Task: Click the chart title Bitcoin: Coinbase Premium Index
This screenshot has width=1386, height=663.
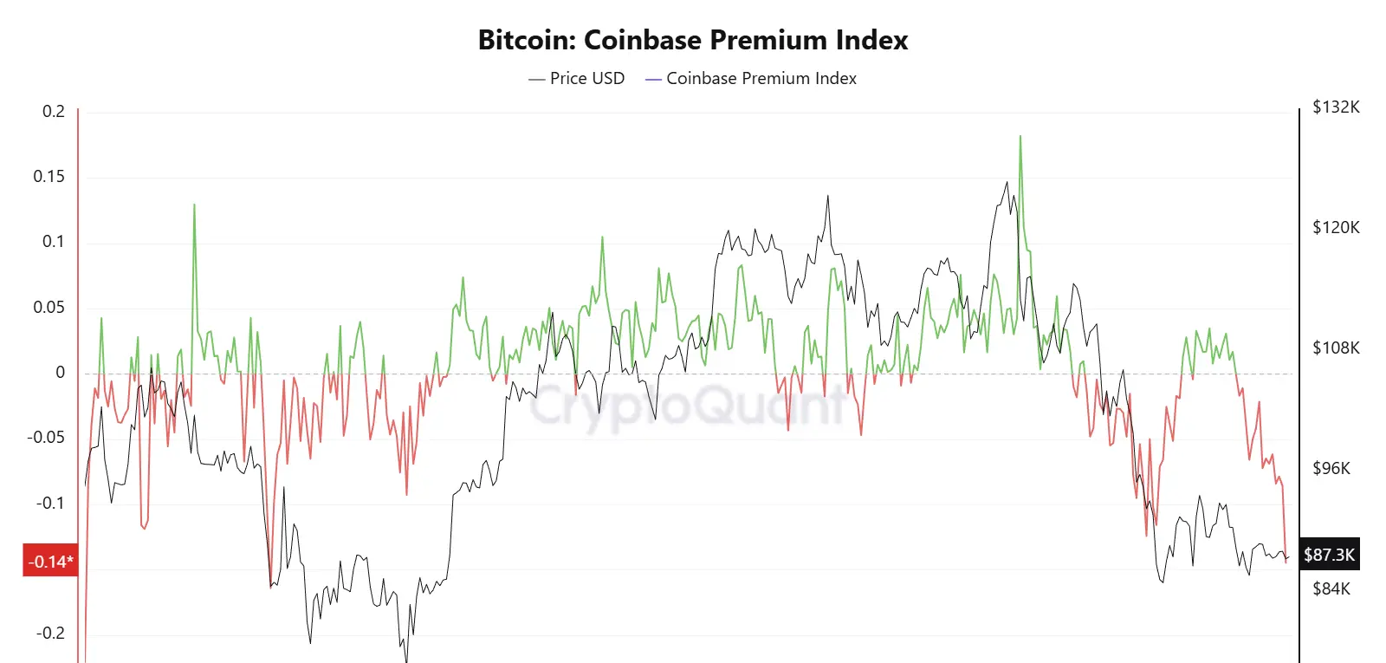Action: tap(693, 40)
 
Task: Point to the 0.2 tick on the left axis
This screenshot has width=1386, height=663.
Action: tap(54, 111)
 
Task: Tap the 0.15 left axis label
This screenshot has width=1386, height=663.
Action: tap(49, 177)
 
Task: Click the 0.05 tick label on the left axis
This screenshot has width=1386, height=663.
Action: tap(49, 307)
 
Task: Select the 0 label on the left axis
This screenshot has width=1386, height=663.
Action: tap(60, 372)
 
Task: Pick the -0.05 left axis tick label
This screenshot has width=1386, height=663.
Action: tap(46, 437)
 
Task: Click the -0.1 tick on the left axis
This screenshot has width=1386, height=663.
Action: tap(49, 503)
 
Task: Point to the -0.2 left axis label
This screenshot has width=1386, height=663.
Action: tap(49, 633)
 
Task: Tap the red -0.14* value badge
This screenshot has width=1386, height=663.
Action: tap(50, 562)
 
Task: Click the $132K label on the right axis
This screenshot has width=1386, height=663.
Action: tap(1336, 107)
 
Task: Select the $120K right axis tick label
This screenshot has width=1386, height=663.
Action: tap(1336, 227)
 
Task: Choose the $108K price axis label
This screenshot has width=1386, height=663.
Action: tap(1336, 348)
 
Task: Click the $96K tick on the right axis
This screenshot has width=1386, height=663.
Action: tap(1331, 468)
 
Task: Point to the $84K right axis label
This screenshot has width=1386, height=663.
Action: tap(1331, 588)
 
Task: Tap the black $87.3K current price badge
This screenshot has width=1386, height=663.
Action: tap(1329, 555)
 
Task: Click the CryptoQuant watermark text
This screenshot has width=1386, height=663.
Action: tap(689, 405)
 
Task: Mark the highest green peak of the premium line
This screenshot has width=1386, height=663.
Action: tap(1020, 137)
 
